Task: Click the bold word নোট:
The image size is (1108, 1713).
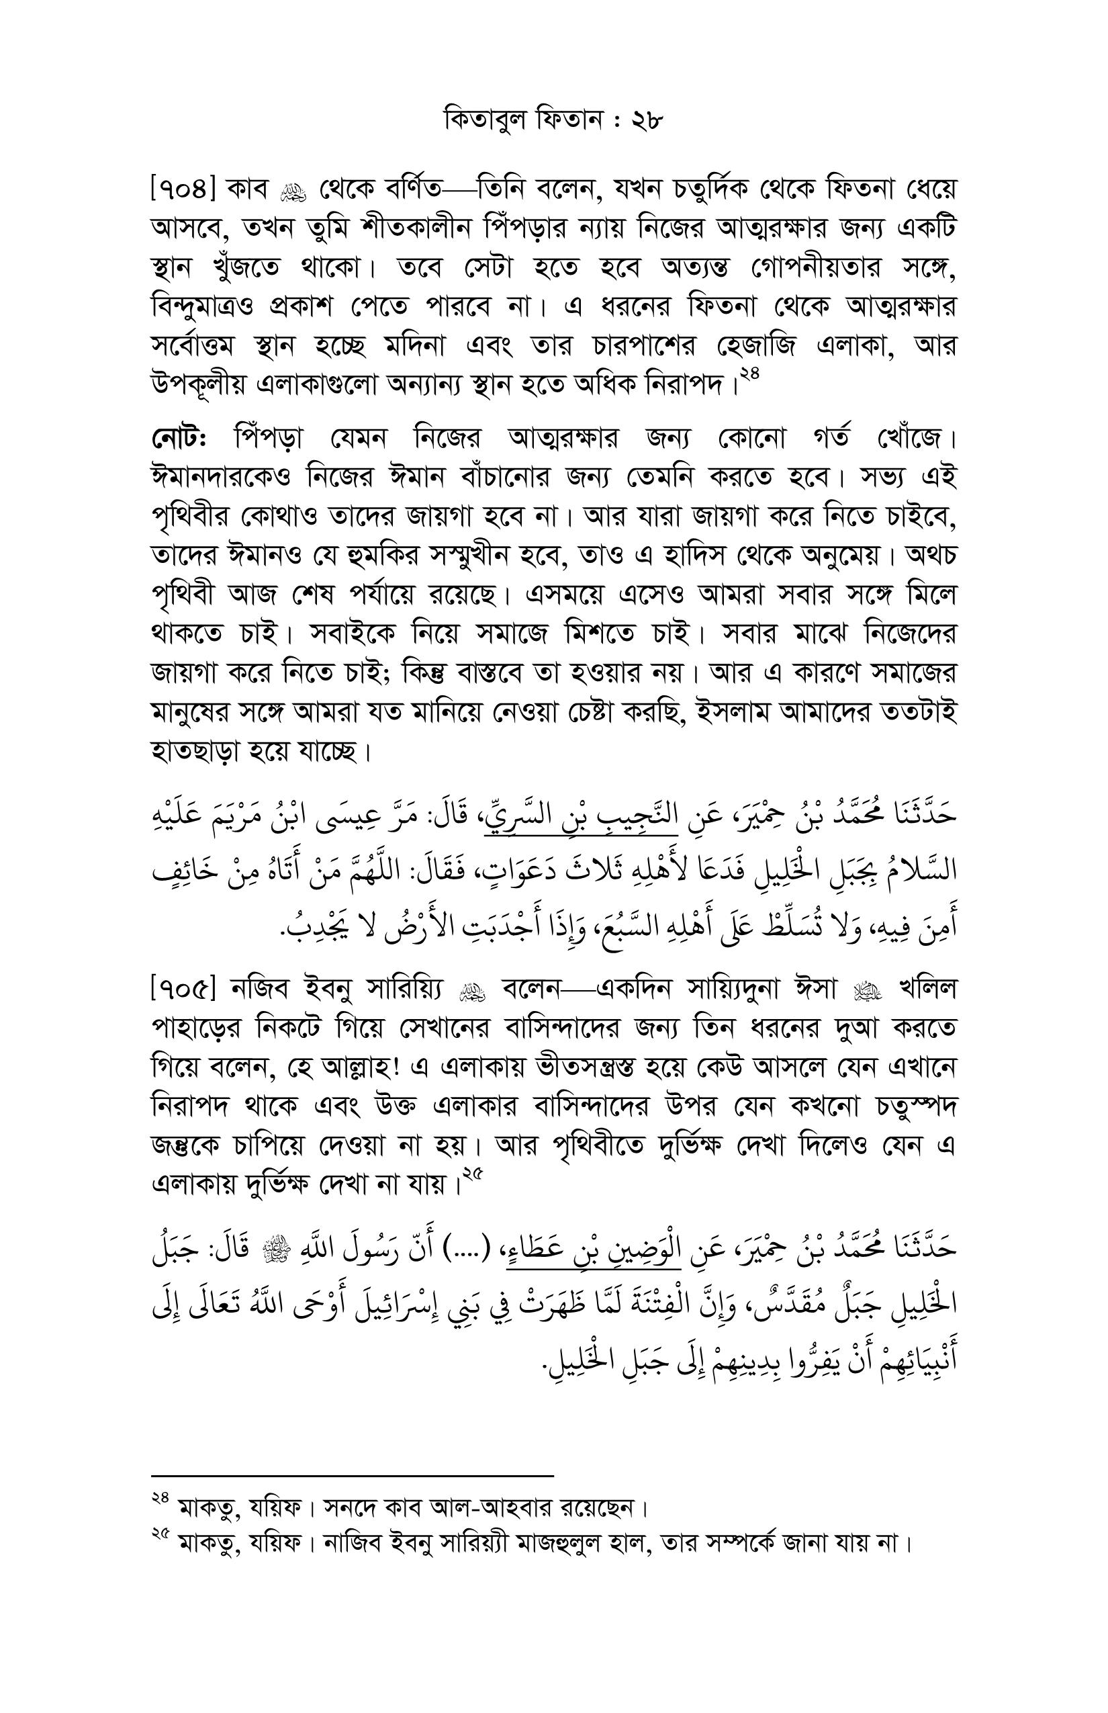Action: pos(180,437)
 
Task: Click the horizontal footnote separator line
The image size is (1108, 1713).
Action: pos(353,1475)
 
